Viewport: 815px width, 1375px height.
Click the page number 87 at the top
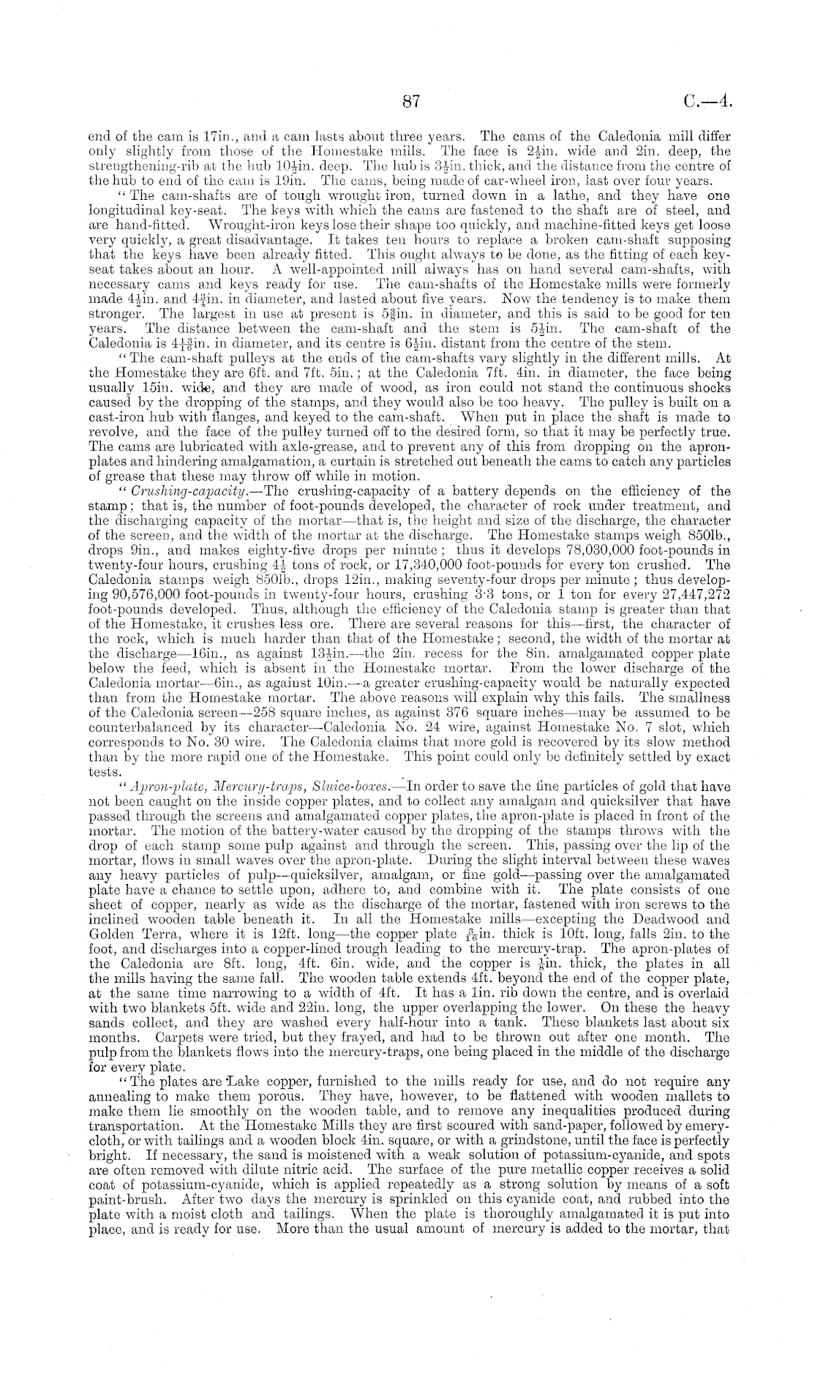[x=410, y=102]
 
